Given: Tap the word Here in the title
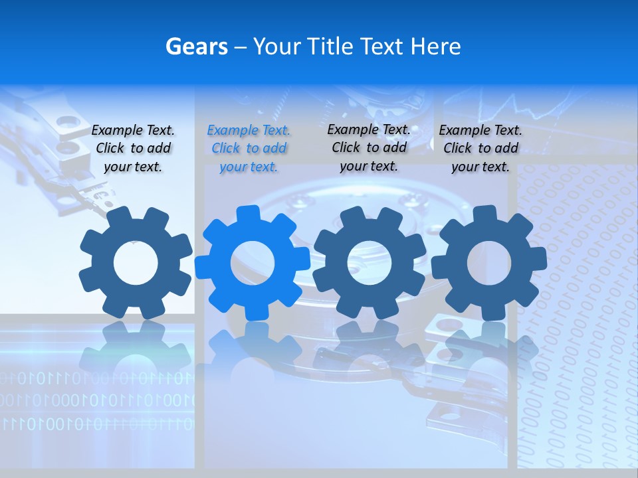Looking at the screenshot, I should pyautogui.click(x=435, y=46).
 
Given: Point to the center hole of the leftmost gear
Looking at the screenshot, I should pyautogui.click(x=136, y=264).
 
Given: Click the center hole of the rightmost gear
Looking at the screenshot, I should pyautogui.click(x=489, y=264).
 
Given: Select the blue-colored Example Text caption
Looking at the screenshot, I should pyautogui.click(x=249, y=149).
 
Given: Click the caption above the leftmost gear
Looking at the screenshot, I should pyautogui.click(x=133, y=149).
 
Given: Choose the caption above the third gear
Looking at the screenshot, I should pyautogui.click(x=369, y=147).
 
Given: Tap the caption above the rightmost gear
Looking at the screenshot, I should pyautogui.click(x=480, y=149).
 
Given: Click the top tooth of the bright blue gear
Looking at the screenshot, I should pyautogui.click(x=249, y=214).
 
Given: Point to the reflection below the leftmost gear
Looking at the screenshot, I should pyautogui.click(x=136, y=345).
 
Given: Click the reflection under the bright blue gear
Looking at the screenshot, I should pyautogui.click(x=253, y=345).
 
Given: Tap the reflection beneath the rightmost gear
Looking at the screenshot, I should pyautogui.click(x=489, y=345).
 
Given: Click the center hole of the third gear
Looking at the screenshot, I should pyautogui.click(x=370, y=264).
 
